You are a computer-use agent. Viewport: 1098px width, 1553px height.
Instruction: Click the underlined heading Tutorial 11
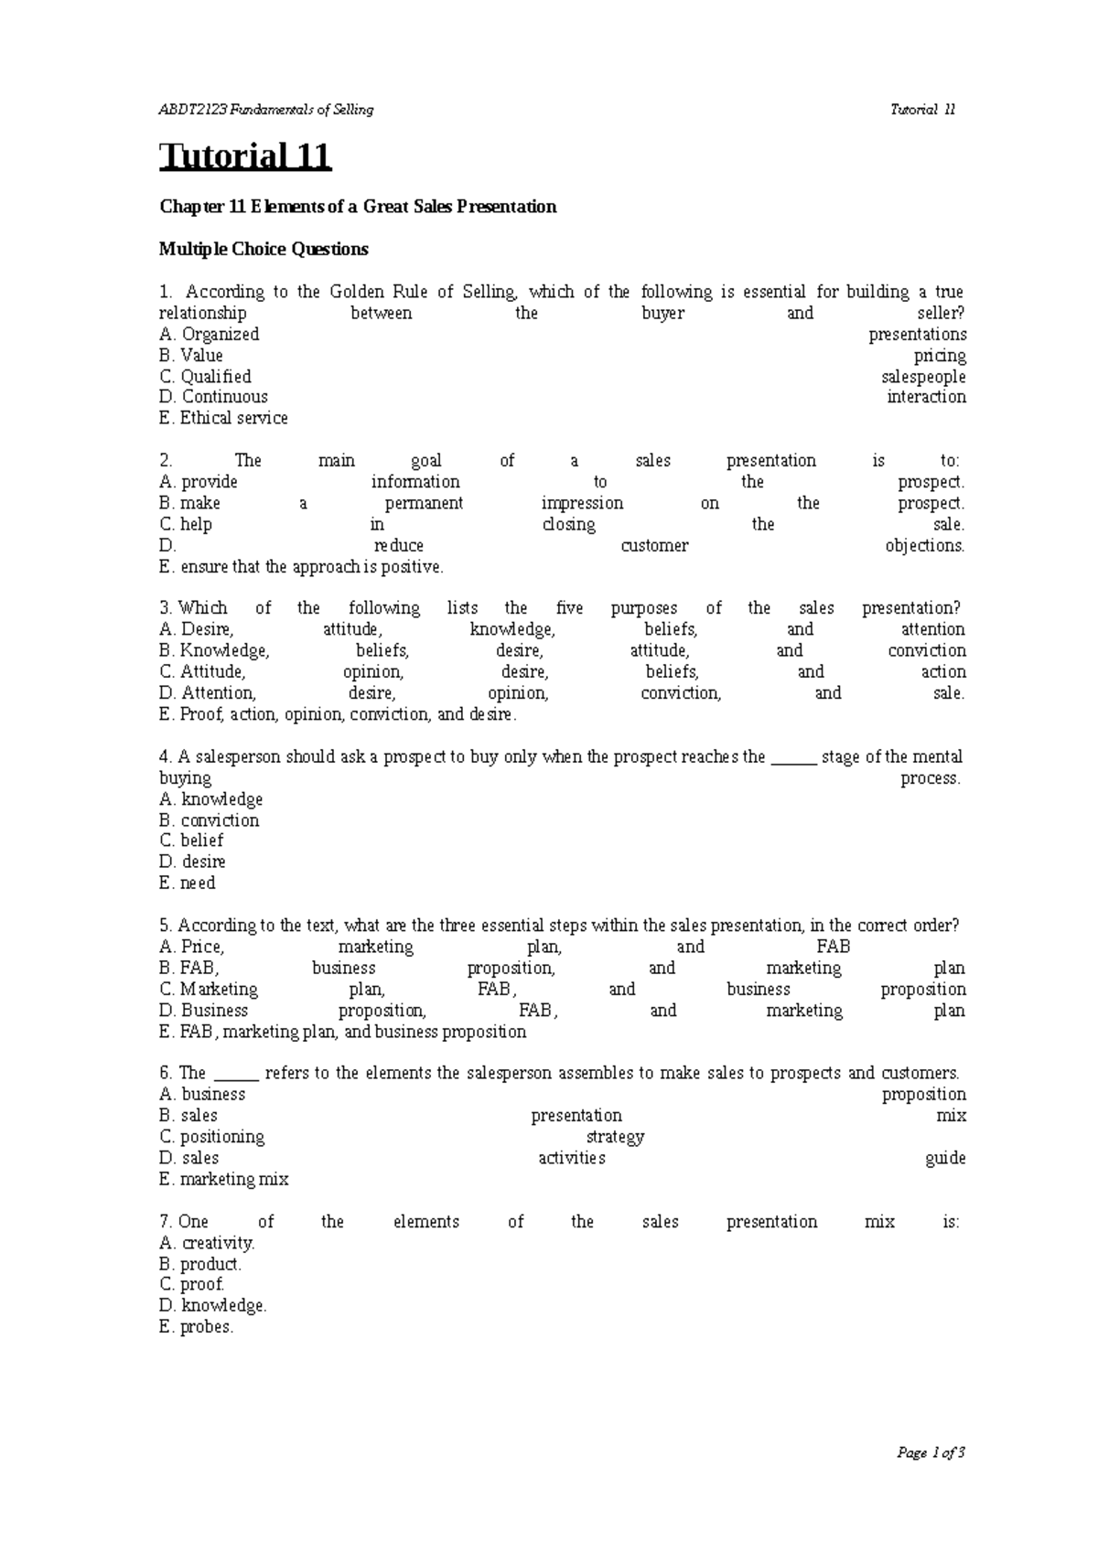click(x=245, y=156)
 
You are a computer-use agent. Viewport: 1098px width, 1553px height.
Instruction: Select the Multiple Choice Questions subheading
click(x=264, y=249)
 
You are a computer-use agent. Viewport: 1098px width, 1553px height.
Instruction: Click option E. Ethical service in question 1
click(x=223, y=418)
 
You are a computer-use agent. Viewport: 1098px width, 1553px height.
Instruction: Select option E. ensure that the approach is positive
click(x=301, y=567)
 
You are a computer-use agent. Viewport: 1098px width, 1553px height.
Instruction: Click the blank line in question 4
click(x=793, y=758)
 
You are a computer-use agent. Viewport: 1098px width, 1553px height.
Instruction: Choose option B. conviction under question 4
click(x=210, y=820)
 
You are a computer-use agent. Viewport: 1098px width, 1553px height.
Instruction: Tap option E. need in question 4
click(x=188, y=884)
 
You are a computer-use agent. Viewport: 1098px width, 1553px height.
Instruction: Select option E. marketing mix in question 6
click(x=224, y=1180)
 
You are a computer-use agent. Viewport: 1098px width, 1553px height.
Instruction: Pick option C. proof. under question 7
click(x=191, y=1285)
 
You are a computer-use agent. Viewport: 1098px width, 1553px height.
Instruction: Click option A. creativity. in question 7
click(x=207, y=1243)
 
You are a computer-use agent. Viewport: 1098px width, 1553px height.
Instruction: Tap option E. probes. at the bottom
click(x=197, y=1327)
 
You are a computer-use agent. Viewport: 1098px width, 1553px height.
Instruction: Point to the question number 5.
click(x=165, y=926)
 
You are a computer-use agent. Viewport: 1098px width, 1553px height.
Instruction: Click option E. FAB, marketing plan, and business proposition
click(x=343, y=1032)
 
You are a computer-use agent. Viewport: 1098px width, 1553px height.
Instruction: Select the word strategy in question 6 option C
click(x=615, y=1137)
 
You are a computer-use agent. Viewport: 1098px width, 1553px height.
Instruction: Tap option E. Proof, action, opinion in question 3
click(x=338, y=714)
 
